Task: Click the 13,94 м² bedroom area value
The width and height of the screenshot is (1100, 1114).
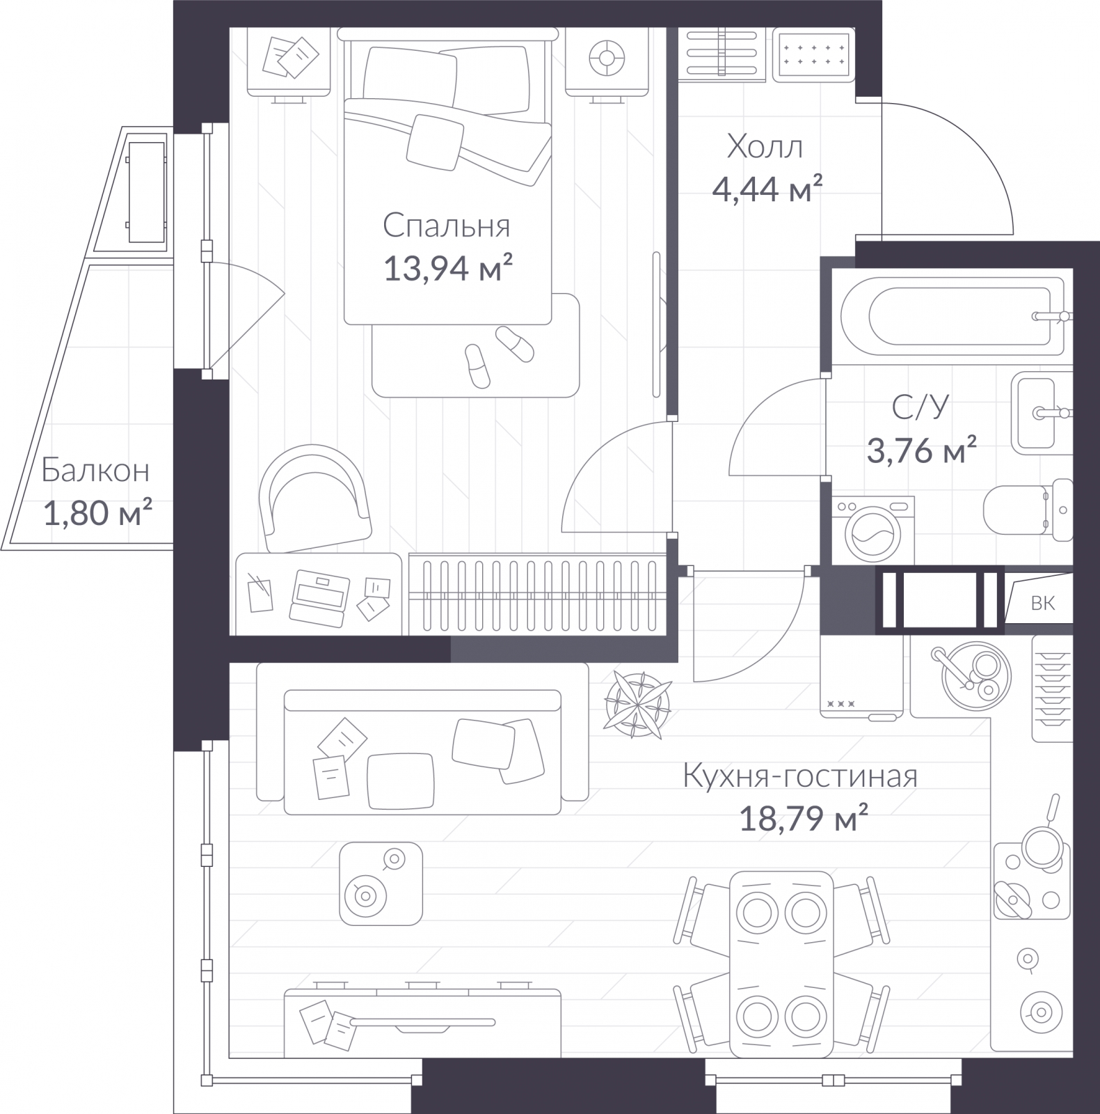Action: pyautogui.click(x=448, y=268)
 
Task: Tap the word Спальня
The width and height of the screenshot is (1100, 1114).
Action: pyautogui.click(x=447, y=226)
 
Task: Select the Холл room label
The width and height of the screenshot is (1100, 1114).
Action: pyautogui.click(x=765, y=147)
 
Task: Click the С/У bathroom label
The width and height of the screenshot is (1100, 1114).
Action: pyautogui.click(x=920, y=408)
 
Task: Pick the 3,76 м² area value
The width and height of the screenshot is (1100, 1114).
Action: pyautogui.click(x=921, y=450)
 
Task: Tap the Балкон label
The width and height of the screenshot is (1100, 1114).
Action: pyautogui.click(x=95, y=471)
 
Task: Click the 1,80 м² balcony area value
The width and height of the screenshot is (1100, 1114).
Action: pyautogui.click(x=97, y=513)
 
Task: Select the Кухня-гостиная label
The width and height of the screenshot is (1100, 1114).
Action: pyautogui.click(x=800, y=776)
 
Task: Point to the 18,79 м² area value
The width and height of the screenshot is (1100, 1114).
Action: pyautogui.click(x=803, y=819)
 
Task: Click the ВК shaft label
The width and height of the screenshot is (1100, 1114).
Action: pyautogui.click(x=1042, y=603)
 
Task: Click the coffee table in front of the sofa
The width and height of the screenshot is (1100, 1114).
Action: pyautogui.click(x=381, y=884)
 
